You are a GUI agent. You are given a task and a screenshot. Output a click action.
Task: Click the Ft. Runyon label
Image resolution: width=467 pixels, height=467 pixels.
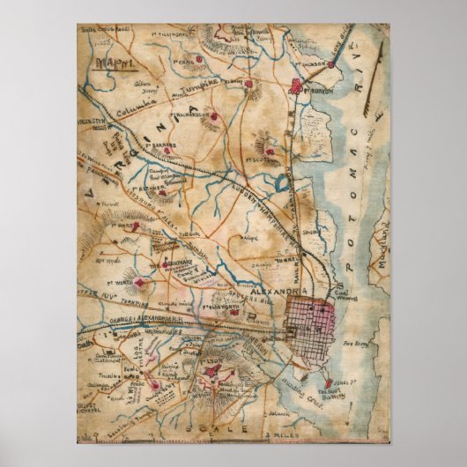[321, 86]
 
